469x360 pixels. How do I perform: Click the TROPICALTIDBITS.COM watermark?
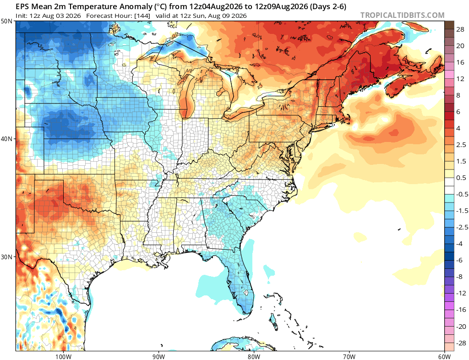click(x=402, y=15)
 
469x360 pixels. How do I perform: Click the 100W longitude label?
click(x=63, y=356)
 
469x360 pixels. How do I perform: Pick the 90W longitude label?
click(x=158, y=356)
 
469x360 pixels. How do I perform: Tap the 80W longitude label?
click(x=254, y=356)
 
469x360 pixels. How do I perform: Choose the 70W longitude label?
click(x=349, y=356)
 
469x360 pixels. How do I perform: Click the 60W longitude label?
click(x=444, y=356)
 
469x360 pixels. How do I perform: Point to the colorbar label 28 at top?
click(x=460, y=29)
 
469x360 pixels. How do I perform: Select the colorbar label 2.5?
click(x=461, y=145)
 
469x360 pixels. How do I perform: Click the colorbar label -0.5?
click(x=462, y=194)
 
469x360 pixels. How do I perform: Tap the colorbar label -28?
click(x=461, y=343)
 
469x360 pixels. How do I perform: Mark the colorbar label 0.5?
click(x=461, y=178)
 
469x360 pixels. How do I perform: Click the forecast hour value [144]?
click(x=142, y=16)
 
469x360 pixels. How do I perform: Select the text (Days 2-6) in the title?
click(x=328, y=6)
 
